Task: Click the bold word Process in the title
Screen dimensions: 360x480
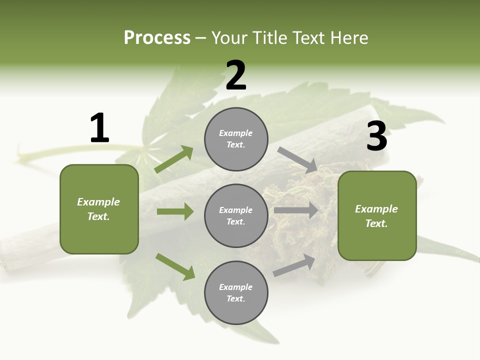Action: [157, 38]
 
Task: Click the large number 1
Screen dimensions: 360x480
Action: [99, 128]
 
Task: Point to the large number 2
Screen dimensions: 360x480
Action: [236, 75]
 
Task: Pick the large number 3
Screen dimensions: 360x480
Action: [376, 136]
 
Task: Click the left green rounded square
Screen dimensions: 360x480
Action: [99, 209]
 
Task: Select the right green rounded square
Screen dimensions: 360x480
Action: [377, 216]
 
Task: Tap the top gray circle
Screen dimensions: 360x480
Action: [236, 139]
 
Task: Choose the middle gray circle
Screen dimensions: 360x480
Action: [236, 216]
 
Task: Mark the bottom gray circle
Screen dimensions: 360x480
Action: [236, 293]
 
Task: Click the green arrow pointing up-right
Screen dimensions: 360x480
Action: [174, 159]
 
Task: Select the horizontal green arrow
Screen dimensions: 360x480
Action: [175, 211]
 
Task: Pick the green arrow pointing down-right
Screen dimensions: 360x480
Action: [175, 266]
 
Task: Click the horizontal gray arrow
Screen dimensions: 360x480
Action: [296, 210]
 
